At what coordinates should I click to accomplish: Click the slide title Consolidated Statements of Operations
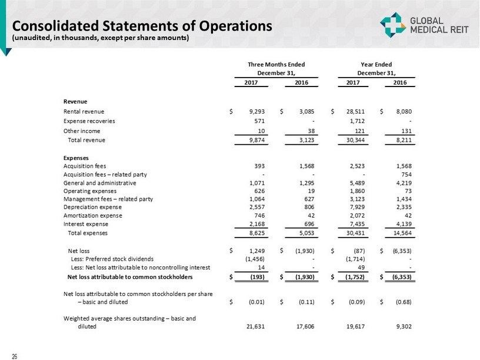pyautogui.click(x=143, y=26)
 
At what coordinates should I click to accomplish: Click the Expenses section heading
pyautogui.click(x=75, y=157)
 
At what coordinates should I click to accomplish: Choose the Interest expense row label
pyautogui.click(x=86, y=224)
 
